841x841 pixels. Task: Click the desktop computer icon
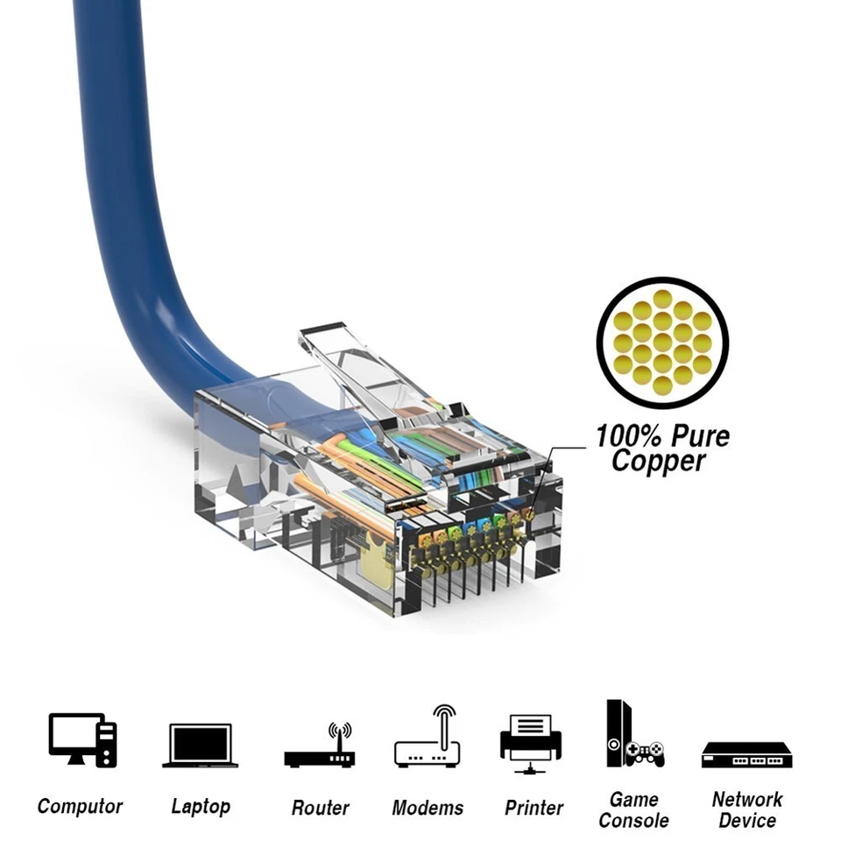82,740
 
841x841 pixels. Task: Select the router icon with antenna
319,749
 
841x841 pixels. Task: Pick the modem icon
427,740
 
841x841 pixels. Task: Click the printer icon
530,743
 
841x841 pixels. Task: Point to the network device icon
746,754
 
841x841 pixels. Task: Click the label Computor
80,806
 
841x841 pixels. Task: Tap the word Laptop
201,806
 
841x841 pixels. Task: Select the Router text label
320,808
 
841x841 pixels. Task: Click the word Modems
428,808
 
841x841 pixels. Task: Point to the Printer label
534,808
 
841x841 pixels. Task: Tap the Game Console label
633,810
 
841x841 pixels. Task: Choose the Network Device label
747,810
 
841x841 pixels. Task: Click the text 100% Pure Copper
662,449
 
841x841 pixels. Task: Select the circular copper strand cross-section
662,343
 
